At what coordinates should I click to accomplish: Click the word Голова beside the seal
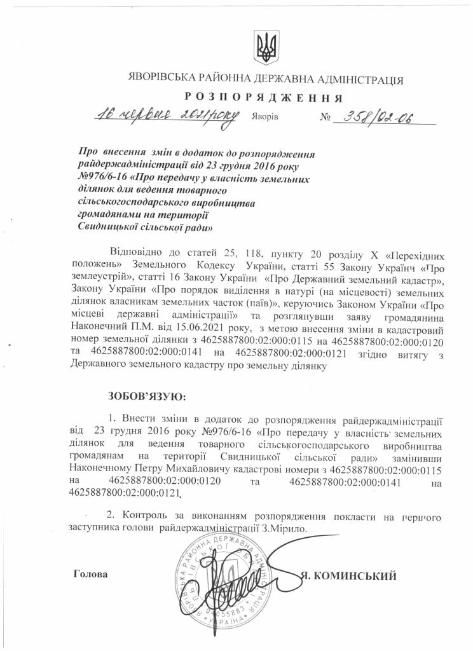pos(90,574)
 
